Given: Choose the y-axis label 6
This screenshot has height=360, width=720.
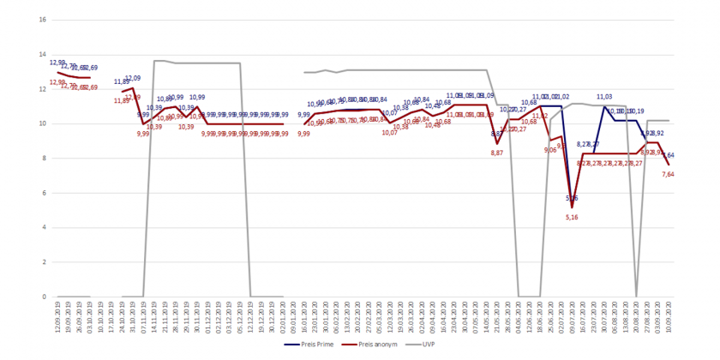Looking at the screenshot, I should [x=44, y=193].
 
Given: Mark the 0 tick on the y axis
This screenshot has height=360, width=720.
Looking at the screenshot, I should [x=44, y=297].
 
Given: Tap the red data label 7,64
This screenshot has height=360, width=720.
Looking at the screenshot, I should [x=669, y=174].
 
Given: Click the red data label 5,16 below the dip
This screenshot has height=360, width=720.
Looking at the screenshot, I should [x=572, y=218].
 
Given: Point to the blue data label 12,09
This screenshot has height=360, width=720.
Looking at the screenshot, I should [x=133, y=78].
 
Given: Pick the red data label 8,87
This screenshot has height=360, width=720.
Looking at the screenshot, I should [x=497, y=152].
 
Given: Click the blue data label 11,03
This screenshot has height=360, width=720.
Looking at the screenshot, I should [x=603, y=97].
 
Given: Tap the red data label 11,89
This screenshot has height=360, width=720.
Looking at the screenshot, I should [x=122, y=100].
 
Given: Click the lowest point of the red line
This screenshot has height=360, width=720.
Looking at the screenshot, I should [x=572, y=207].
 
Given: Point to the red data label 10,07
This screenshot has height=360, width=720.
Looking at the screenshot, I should [x=390, y=132].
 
